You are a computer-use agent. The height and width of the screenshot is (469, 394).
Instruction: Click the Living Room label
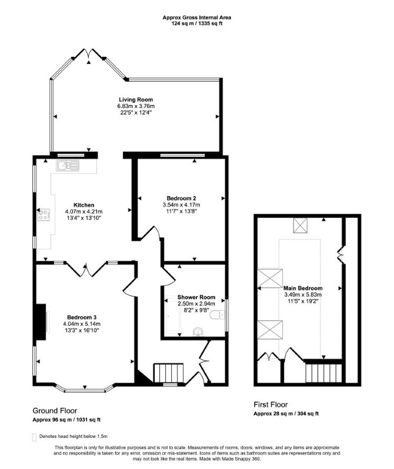click(136, 100)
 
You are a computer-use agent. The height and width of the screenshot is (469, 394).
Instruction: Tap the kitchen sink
click(68, 166)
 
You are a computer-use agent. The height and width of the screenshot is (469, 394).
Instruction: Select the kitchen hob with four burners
click(44, 214)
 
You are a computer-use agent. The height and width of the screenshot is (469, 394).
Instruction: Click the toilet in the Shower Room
click(217, 315)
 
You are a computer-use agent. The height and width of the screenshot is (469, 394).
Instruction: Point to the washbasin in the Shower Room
click(198, 332)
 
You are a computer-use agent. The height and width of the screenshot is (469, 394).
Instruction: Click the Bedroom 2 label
click(181, 198)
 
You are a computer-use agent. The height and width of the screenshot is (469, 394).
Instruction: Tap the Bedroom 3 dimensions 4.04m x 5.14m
click(82, 324)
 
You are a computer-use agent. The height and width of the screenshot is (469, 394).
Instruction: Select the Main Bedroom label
click(303, 288)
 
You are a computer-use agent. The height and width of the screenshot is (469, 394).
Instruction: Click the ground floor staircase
click(168, 373)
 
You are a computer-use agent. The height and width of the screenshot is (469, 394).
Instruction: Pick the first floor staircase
click(323, 373)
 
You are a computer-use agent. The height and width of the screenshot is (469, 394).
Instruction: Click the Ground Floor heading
click(55, 411)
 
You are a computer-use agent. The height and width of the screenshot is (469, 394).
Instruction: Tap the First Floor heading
click(271, 404)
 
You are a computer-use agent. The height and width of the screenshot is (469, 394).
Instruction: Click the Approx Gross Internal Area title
click(197, 18)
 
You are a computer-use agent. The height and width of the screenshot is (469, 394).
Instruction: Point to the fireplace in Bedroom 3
click(41, 322)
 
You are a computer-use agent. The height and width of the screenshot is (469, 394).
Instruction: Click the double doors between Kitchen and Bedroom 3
click(86, 269)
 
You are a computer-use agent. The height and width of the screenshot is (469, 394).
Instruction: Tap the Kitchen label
click(84, 205)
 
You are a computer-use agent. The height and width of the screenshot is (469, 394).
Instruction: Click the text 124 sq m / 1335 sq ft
click(197, 23)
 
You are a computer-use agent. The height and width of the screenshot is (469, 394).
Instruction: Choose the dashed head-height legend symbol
click(34, 437)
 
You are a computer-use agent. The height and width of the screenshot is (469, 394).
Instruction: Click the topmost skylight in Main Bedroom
click(300, 225)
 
